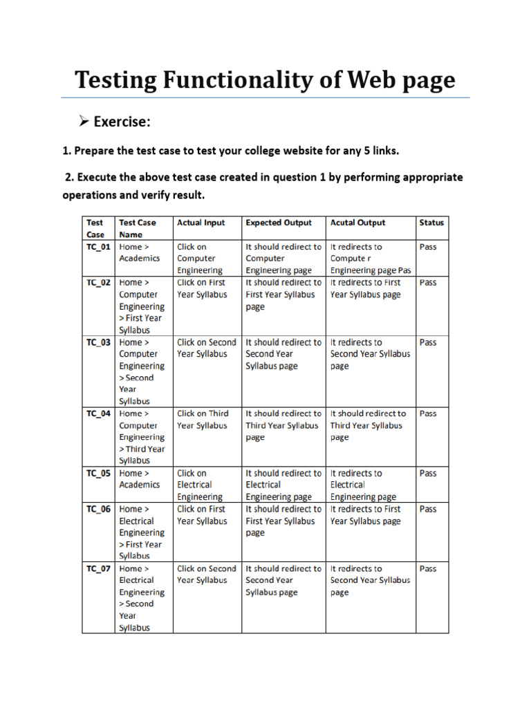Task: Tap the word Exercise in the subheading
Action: pyautogui.click(x=122, y=122)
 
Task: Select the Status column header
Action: pyautogui.click(x=431, y=223)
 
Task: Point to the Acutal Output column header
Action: pyautogui.click(x=357, y=223)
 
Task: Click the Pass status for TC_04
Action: pyautogui.click(x=428, y=413)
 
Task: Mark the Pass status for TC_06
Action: pyautogui.click(x=428, y=509)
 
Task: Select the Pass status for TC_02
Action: pyautogui.click(x=428, y=282)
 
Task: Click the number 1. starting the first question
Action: pyautogui.click(x=67, y=151)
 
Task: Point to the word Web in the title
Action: pyautogui.click(x=371, y=81)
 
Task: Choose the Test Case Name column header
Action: pyautogui.click(x=137, y=228)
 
